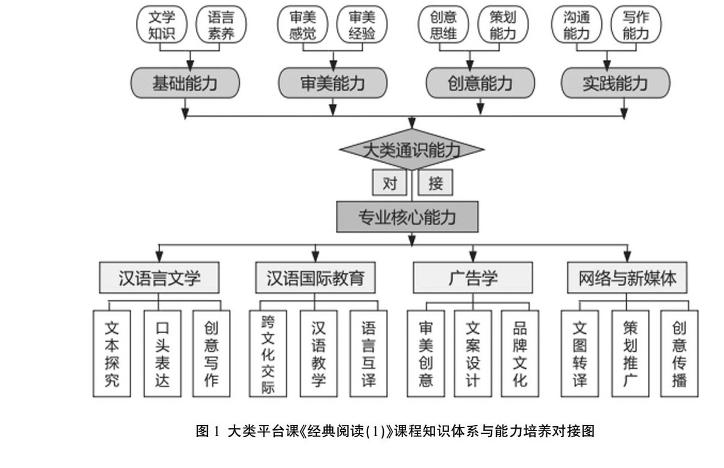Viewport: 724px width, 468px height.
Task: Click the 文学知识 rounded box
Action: [x=161, y=25]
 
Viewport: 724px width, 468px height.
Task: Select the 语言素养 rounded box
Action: [x=221, y=25]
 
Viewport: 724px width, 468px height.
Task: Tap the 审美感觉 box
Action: [x=303, y=25]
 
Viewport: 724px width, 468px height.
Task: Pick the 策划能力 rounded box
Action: [x=503, y=25]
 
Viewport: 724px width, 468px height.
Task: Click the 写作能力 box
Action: [x=636, y=25]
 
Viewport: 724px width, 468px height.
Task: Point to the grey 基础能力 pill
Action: [x=185, y=83]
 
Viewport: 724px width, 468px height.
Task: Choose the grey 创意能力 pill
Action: [x=480, y=83]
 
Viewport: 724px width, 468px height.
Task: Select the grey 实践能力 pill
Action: [x=615, y=83]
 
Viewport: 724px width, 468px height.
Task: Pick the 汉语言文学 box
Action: [x=160, y=278]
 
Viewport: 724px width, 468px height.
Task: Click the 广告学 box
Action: [x=473, y=278]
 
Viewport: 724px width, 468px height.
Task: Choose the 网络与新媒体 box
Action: [x=626, y=278]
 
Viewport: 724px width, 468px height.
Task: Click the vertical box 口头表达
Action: [x=162, y=354]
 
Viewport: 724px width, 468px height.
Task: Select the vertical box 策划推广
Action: [x=630, y=354]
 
